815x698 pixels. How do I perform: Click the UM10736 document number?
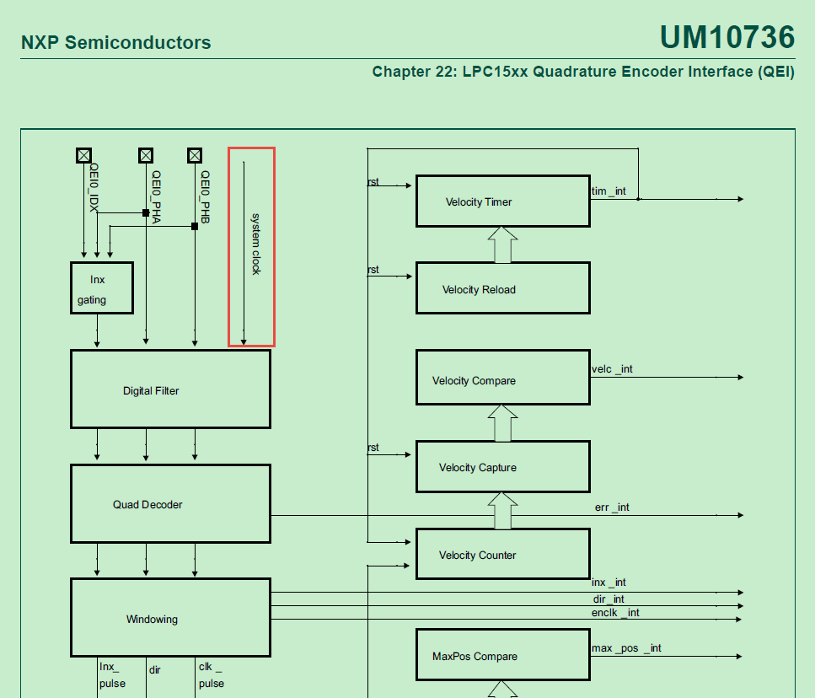tap(727, 37)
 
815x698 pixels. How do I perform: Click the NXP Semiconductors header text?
tap(115, 43)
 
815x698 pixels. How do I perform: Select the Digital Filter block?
tap(170, 389)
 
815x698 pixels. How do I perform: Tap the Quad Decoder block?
tap(170, 503)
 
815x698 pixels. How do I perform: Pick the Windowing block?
tap(170, 618)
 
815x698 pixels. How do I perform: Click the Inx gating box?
tap(101, 288)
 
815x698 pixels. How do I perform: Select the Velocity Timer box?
tap(502, 201)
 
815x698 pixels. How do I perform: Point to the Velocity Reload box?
tap(502, 288)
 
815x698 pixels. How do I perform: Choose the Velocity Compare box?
tap(502, 379)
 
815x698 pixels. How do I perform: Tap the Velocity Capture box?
tap(502, 467)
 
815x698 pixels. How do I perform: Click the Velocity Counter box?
tap(502, 554)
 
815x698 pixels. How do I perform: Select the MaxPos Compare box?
tap(502, 655)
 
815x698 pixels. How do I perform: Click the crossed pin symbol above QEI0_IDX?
tap(83, 155)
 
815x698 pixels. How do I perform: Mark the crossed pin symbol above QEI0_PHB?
tap(195, 155)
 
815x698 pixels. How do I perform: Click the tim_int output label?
tap(609, 191)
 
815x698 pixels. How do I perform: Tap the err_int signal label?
tap(612, 507)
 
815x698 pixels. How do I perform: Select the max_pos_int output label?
tap(626, 647)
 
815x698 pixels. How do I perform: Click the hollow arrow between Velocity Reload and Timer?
tap(502, 244)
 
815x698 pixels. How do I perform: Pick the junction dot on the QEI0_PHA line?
tap(146, 213)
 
